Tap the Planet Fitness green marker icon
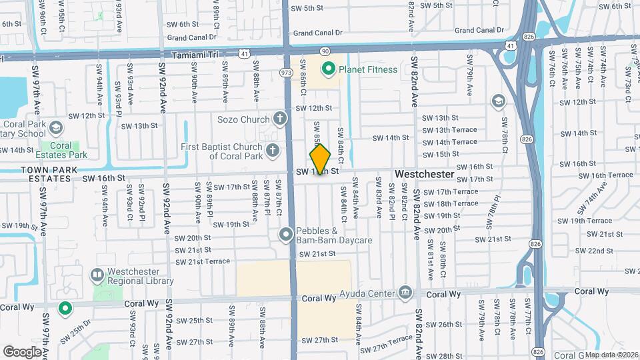tap(328, 69)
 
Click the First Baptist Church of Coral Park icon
tap(272, 151)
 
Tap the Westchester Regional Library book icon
tap(97, 275)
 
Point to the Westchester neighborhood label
tap(424, 174)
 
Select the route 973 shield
tap(286, 71)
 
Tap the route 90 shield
tap(325, 51)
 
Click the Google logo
tap(21, 351)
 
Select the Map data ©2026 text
tap(611, 354)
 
